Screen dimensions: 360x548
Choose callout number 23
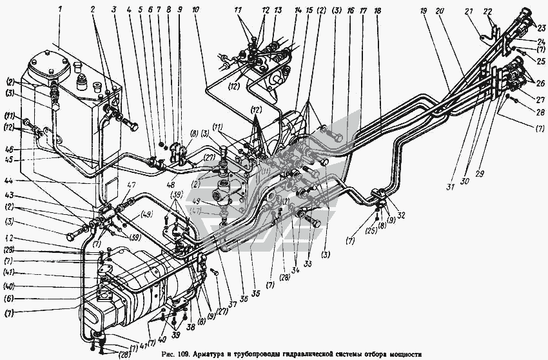pyautogui.click(x=540, y=27)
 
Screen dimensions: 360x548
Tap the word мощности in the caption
pyautogui.click(x=401, y=354)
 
